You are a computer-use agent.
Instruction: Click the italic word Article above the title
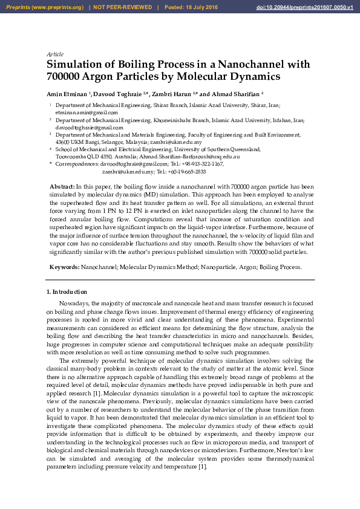pos(55,54)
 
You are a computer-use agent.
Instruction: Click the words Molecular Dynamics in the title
pos(232,77)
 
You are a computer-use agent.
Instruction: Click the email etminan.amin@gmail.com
pos(87,112)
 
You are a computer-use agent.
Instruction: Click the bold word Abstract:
pos(62,187)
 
